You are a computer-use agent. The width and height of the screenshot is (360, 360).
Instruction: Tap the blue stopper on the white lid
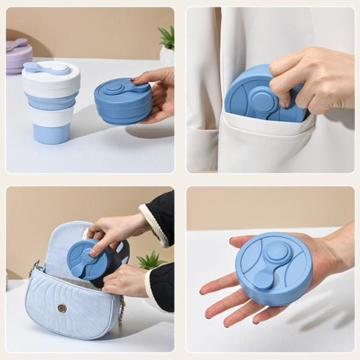pyautogui.click(x=46, y=68)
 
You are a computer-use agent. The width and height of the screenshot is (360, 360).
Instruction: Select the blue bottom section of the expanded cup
pyautogui.click(x=51, y=133)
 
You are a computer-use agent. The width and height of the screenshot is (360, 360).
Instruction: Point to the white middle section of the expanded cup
pyautogui.click(x=51, y=116)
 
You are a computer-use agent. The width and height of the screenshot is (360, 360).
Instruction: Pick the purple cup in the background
pyautogui.click(x=18, y=56)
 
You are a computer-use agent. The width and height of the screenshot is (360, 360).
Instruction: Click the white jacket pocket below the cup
pyautogui.click(x=264, y=147)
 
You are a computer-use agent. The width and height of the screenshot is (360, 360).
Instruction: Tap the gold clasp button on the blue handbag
pyautogui.click(x=62, y=308)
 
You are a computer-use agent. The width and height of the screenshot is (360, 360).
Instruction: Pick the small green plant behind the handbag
pyautogui.click(x=149, y=260)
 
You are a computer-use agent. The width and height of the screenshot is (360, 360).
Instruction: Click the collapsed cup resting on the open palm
pyautogui.click(x=273, y=268)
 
